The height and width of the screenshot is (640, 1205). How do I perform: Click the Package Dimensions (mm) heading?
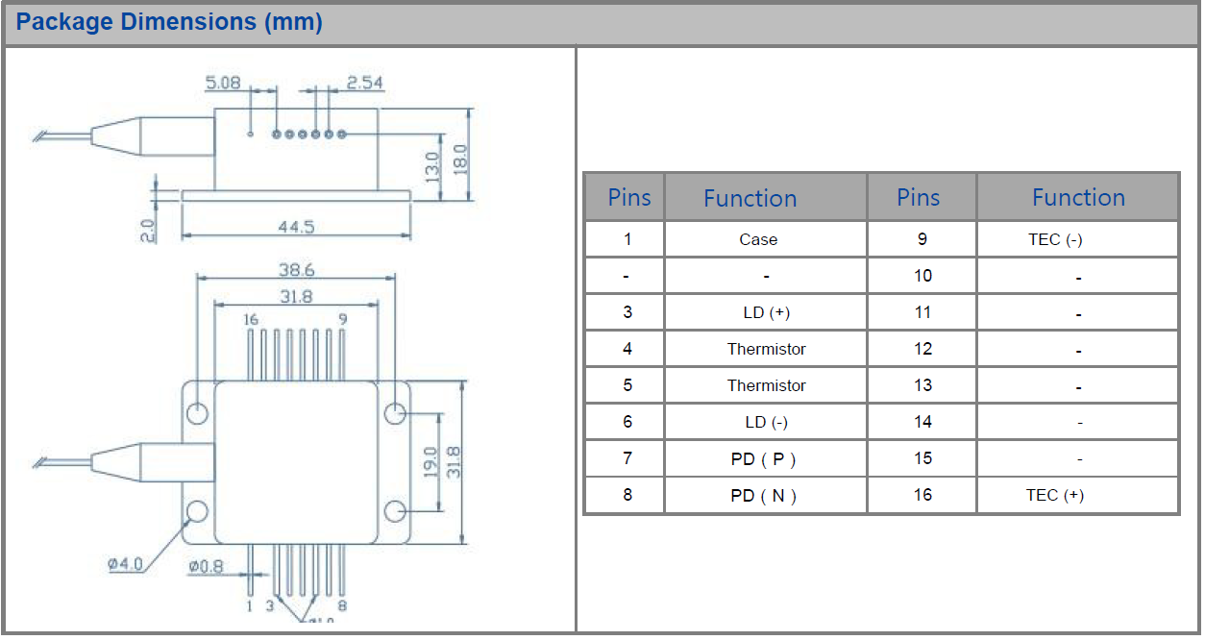(x=169, y=22)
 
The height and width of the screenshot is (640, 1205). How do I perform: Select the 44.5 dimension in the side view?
(x=296, y=227)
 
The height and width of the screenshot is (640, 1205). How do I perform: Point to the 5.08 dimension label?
(x=223, y=83)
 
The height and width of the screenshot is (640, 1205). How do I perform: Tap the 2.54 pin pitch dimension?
(x=364, y=83)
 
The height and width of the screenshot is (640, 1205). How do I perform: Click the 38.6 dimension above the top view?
(x=296, y=270)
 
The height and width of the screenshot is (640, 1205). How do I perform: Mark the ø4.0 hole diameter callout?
(x=125, y=564)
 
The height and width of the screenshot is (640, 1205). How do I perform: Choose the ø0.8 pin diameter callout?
(x=206, y=566)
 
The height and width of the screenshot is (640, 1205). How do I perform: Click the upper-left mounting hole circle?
(x=198, y=413)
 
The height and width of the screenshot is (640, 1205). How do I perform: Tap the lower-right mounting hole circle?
(x=395, y=510)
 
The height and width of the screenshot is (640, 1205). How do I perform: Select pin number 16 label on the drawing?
(x=250, y=319)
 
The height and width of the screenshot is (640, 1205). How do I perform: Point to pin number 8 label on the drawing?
(x=342, y=605)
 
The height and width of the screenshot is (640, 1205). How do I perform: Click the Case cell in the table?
(x=758, y=239)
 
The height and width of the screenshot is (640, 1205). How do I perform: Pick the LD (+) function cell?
(x=767, y=312)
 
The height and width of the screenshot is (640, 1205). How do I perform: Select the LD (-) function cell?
(x=767, y=422)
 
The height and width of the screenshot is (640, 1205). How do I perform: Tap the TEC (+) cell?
(x=1054, y=495)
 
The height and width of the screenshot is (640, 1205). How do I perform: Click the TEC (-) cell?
(x=1054, y=239)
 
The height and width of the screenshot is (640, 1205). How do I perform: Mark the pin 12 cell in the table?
(x=922, y=349)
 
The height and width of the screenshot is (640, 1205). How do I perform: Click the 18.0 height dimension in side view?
(x=459, y=156)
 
